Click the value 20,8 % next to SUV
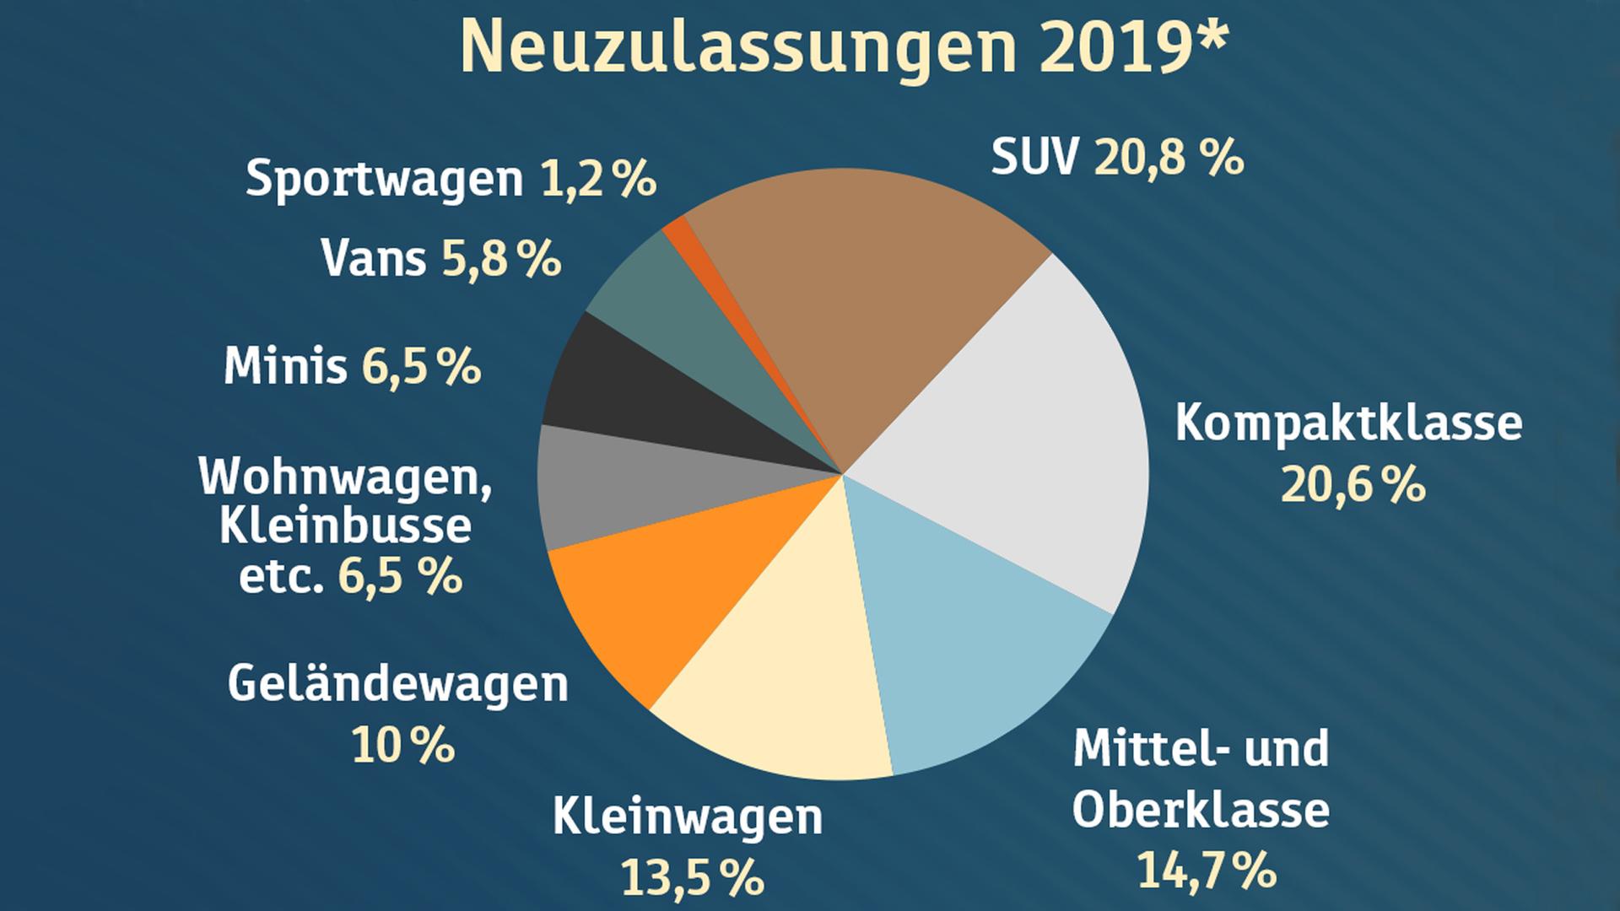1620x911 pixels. click(x=1169, y=158)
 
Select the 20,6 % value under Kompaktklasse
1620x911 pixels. click(x=1353, y=485)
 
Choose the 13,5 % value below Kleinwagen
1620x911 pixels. click(x=692, y=877)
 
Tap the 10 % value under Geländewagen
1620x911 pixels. click(x=402, y=745)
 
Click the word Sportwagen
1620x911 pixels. click(x=385, y=180)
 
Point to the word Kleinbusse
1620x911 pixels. click(x=346, y=526)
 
